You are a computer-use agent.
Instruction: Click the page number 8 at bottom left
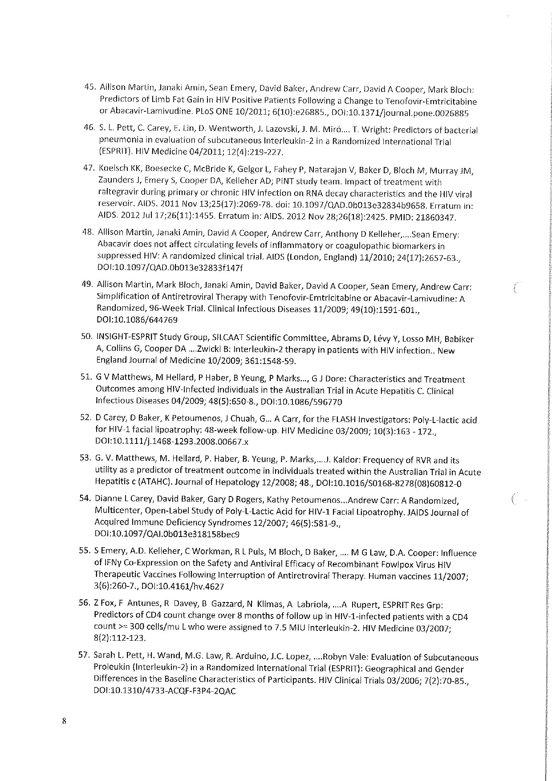point(65,722)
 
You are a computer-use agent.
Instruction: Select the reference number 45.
point(91,86)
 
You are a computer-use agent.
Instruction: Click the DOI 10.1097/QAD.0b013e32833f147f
point(170,268)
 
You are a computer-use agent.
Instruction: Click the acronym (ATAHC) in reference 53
point(153,482)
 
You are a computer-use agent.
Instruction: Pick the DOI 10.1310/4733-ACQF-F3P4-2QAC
point(165,692)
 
